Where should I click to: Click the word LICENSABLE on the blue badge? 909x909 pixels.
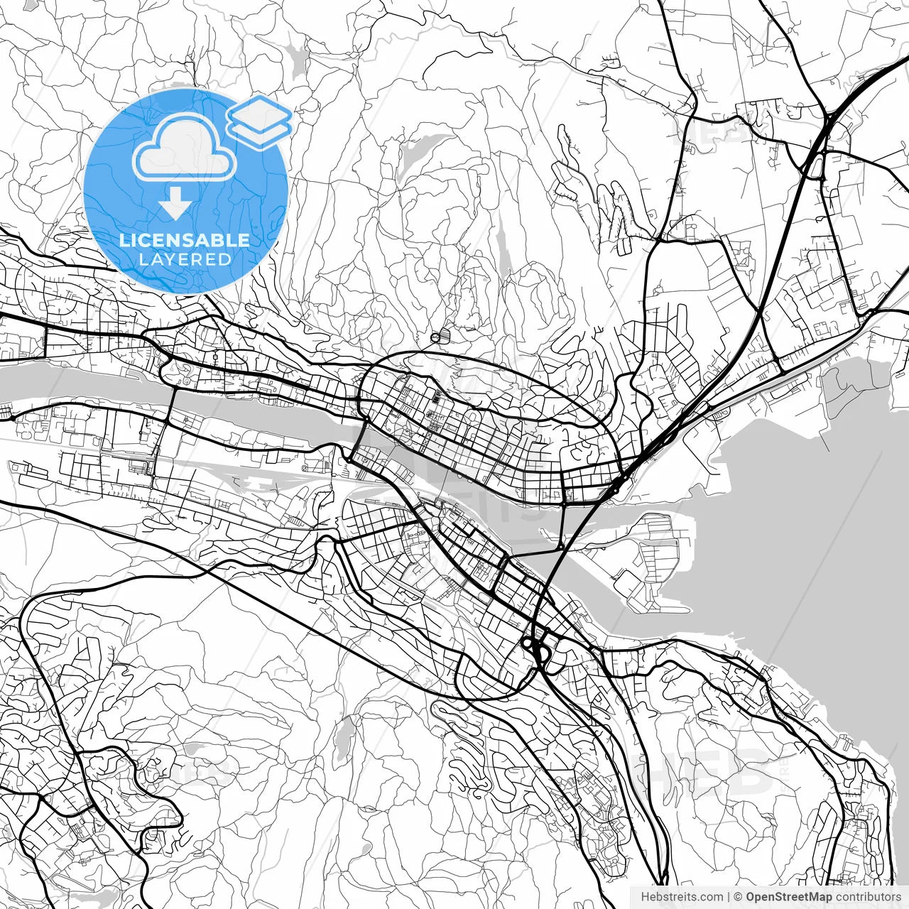tap(185, 240)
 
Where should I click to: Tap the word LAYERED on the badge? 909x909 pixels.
tap(185, 259)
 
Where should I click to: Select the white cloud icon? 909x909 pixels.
tap(185, 147)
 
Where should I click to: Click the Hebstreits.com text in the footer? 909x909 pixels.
tap(682, 897)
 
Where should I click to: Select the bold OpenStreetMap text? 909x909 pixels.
tap(788, 897)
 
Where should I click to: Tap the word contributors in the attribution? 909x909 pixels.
tap(867, 897)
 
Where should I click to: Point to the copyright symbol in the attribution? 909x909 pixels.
tap(739, 897)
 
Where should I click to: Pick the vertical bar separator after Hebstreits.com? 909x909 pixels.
tap(729, 897)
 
